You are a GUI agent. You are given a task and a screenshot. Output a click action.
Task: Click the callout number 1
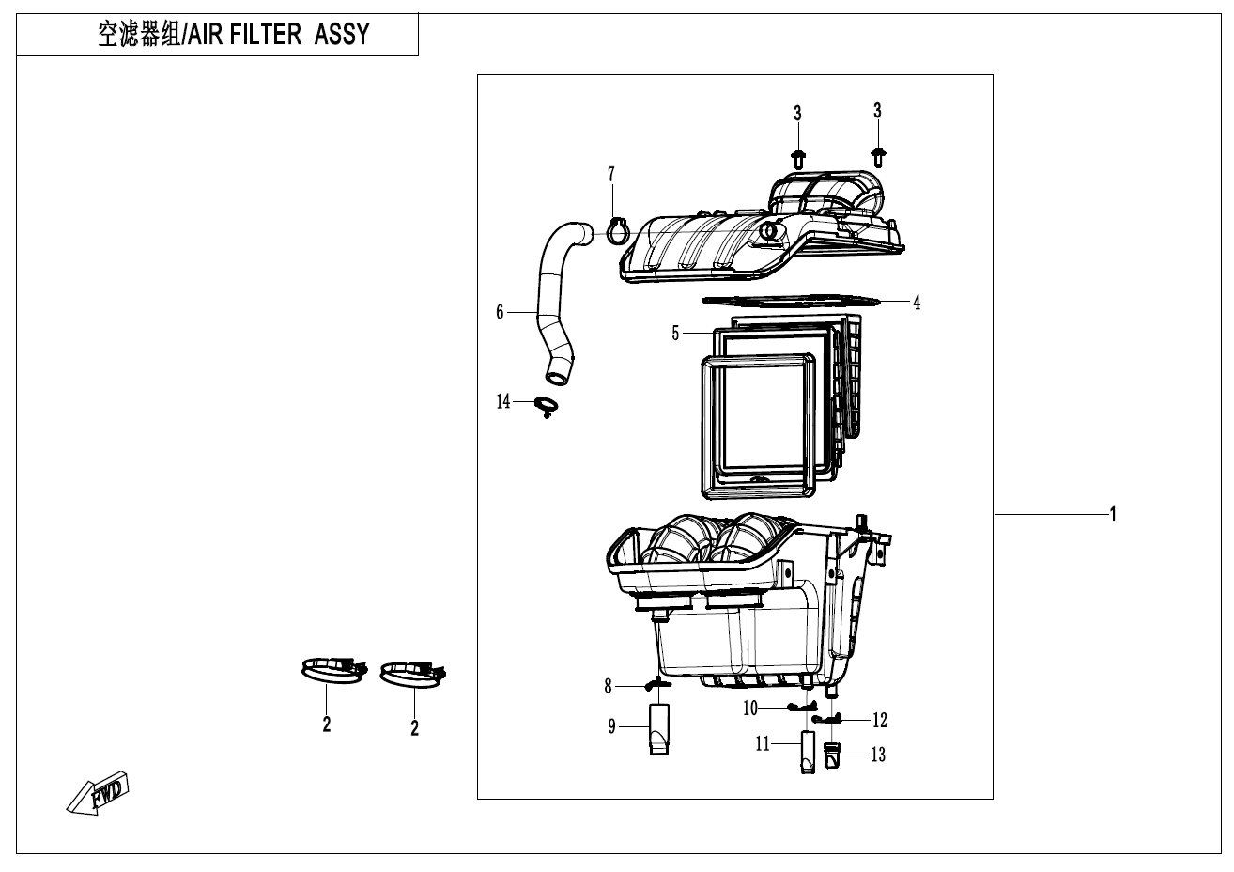click(x=1113, y=514)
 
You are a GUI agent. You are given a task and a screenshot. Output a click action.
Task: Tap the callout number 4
click(x=917, y=303)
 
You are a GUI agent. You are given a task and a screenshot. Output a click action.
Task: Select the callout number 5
click(x=675, y=333)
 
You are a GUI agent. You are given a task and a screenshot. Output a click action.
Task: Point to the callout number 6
click(x=500, y=312)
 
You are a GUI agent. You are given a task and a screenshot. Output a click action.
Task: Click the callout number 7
click(x=611, y=174)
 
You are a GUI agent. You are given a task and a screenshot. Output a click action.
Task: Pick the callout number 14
click(x=503, y=402)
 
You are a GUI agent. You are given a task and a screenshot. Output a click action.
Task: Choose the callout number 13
click(x=878, y=755)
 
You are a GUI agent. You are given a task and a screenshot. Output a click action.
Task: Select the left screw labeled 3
click(x=797, y=155)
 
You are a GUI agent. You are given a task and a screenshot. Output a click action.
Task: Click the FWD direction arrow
click(x=100, y=795)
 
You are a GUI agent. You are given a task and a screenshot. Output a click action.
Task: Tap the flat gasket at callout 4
click(x=791, y=301)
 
